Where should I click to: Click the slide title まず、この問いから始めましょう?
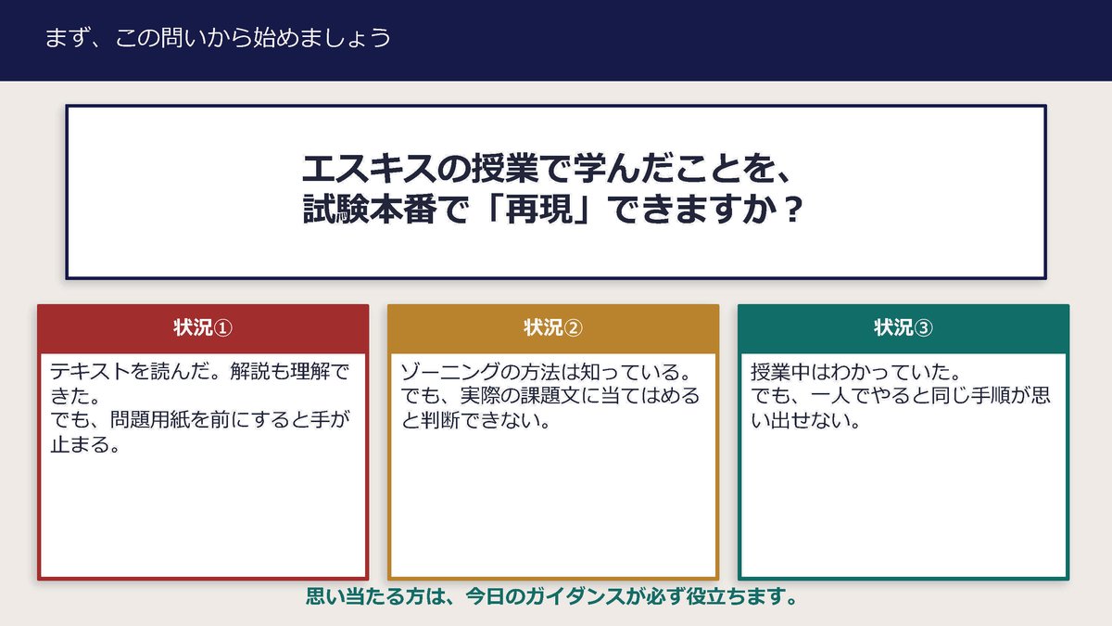(x=217, y=38)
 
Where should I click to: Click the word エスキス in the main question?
(x=357, y=169)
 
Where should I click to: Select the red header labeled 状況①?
(x=202, y=328)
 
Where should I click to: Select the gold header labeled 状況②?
(x=552, y=328)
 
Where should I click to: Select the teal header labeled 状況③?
(x=903, y=328)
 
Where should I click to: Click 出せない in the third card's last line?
(x=812, y=421)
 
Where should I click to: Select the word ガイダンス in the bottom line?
(x=576, y=595)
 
